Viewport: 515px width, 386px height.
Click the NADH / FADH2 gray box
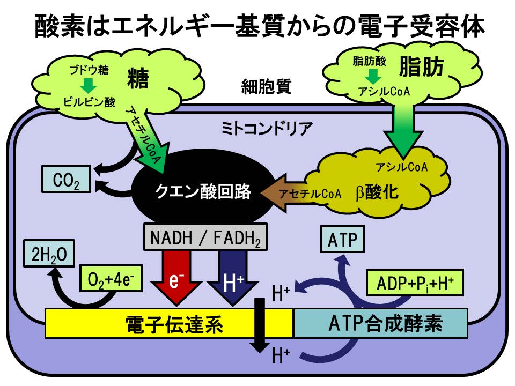pyautogui.click(x=206, y=236)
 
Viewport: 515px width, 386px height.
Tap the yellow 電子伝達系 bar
pyautogui.click(x=168, y=323)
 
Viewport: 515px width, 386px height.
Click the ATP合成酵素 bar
pyautogui.click(x=381, y=323)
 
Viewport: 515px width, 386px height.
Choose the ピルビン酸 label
pyautogui.click(x=90, y=101)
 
